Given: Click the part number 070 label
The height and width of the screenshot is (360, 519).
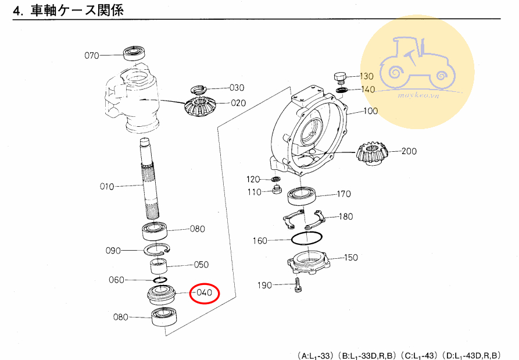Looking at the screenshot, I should tap(92, 56).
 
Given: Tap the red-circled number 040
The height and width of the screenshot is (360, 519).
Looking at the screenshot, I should tap(203, 293).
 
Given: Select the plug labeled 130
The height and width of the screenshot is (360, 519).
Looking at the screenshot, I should tap(340, 77).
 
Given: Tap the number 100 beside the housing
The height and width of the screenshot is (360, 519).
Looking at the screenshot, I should tap(371, 111).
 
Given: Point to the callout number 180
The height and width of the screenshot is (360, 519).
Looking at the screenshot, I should tap(345, 217).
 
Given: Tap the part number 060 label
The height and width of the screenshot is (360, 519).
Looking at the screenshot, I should tap(117, 280).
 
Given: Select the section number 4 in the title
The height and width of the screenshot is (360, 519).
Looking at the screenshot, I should tap(17, 10).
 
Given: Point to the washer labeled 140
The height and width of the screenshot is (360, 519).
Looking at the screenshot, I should tap(342, 90).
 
